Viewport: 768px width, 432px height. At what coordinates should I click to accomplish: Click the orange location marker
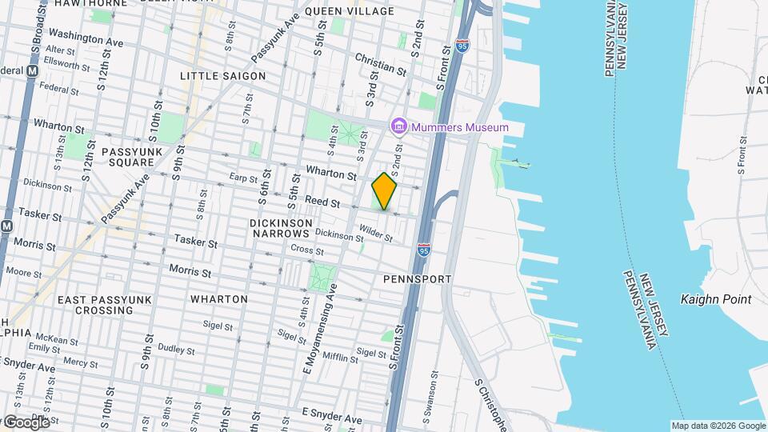[385, 191]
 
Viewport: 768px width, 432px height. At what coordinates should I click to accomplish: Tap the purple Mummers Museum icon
[398, 126]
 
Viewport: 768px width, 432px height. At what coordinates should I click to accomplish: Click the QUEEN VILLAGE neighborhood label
[350, 11]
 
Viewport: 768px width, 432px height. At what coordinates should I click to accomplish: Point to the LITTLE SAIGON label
[222, 75]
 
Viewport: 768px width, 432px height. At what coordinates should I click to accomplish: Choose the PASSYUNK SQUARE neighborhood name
[126, 156]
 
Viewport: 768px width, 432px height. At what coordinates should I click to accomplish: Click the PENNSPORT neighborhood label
[417, 279]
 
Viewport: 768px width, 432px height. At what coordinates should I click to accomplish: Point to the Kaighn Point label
[716, 299]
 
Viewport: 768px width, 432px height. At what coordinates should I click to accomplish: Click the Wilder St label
[375, 233]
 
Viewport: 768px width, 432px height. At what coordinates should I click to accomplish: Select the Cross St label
[306, 250]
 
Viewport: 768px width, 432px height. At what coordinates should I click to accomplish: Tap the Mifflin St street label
[342, 357]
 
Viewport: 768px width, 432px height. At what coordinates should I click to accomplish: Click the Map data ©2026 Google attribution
[718, 425]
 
